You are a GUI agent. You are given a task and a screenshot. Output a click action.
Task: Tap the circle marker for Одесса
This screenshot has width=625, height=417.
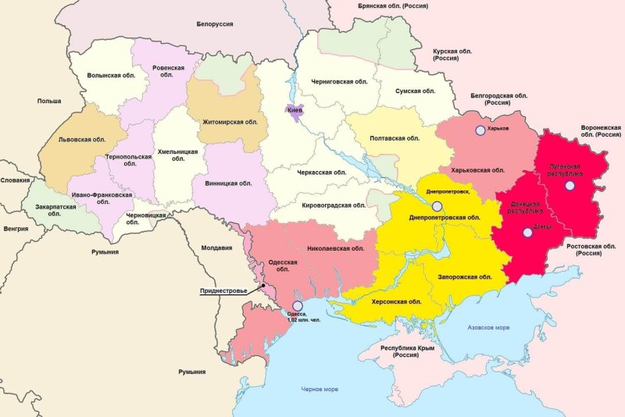click(296, 306)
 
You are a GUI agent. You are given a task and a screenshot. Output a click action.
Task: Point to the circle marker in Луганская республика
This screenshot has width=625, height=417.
click(570, 185)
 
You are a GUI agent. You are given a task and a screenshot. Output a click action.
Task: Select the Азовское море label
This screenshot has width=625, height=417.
click(487, 327)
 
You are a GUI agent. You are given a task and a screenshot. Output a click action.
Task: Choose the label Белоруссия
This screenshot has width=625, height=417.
click(215, 24)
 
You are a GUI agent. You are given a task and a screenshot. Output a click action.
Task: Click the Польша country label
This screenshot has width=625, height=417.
click(48, 101)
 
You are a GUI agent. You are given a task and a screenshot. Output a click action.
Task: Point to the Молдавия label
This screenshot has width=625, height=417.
click(216, 248)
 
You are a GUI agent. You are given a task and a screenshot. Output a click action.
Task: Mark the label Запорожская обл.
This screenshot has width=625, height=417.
click(466, 276)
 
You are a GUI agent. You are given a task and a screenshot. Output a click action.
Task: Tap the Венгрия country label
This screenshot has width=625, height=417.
click(16, 229)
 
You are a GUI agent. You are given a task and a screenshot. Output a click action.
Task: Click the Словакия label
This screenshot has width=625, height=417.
click(15, 180)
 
